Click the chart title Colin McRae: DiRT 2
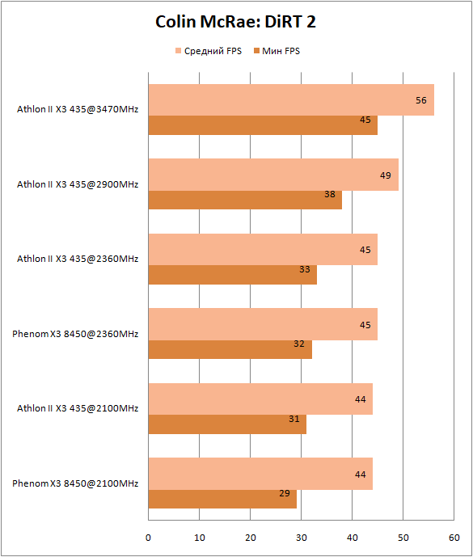point(235,22)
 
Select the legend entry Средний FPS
point(209,51)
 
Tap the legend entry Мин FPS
point(277,51)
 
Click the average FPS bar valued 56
point(291,99)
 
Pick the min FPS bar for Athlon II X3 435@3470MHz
point(263,125)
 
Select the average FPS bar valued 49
point(273,175)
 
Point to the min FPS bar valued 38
point(245,200)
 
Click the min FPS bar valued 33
point(232,275)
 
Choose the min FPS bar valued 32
point(230,349)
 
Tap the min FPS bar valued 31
point(227,424)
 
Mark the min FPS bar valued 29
point(222,499)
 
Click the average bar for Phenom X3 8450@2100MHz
point(260,474)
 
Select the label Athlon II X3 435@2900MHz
point(78,184)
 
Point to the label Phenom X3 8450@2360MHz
point(75,334)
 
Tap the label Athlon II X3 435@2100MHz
point(78,408)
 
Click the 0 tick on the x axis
point(148,538)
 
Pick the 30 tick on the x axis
point(302,538)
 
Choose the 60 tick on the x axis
point(454,538)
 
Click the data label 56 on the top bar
point(421,100)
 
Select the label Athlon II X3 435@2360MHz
point(78,259)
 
